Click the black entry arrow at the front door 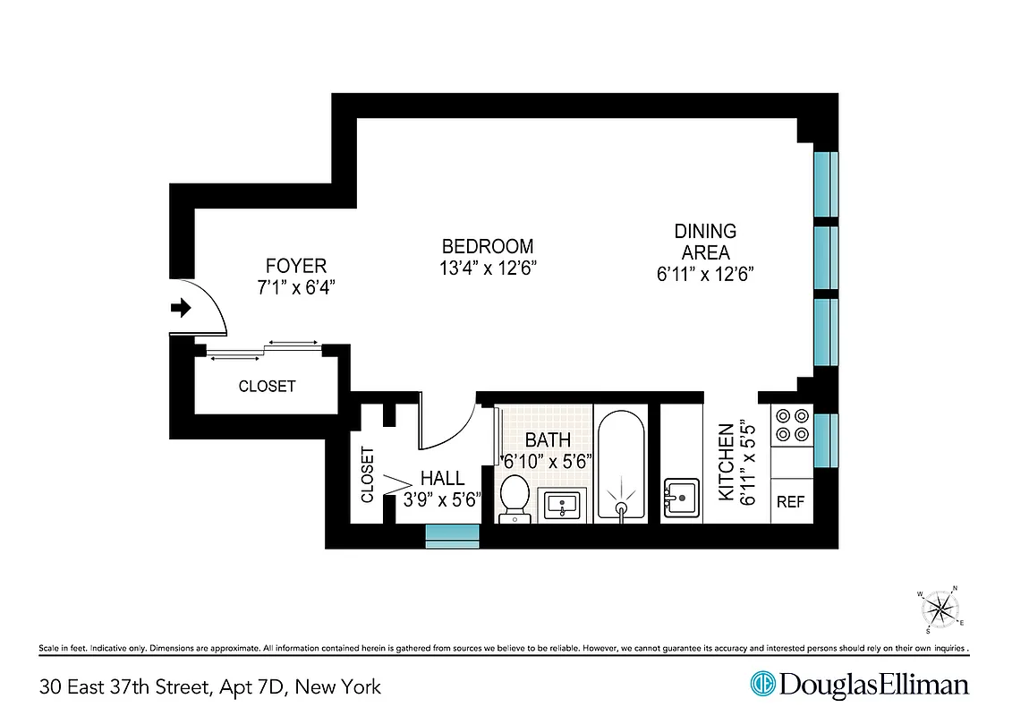(x=181, y=308)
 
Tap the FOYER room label (x=295, y=266)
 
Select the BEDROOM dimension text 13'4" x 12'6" (x=488, y=268)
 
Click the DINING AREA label (x=705, y=242)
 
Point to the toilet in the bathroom (x=514, y=498)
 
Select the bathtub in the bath (x=620, y=465)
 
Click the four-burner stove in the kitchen (x=791, y=425)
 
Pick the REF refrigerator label (x=790, y=502)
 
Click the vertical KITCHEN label (x=727, y=465)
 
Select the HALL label (x=442, y=480)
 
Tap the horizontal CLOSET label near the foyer (x=267, y=387)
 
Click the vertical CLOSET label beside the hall (x=367, y=474)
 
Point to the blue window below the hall (x=452, y=536)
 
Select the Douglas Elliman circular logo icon (x=762, y=685)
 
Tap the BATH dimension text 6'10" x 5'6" (x=546, y=463)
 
